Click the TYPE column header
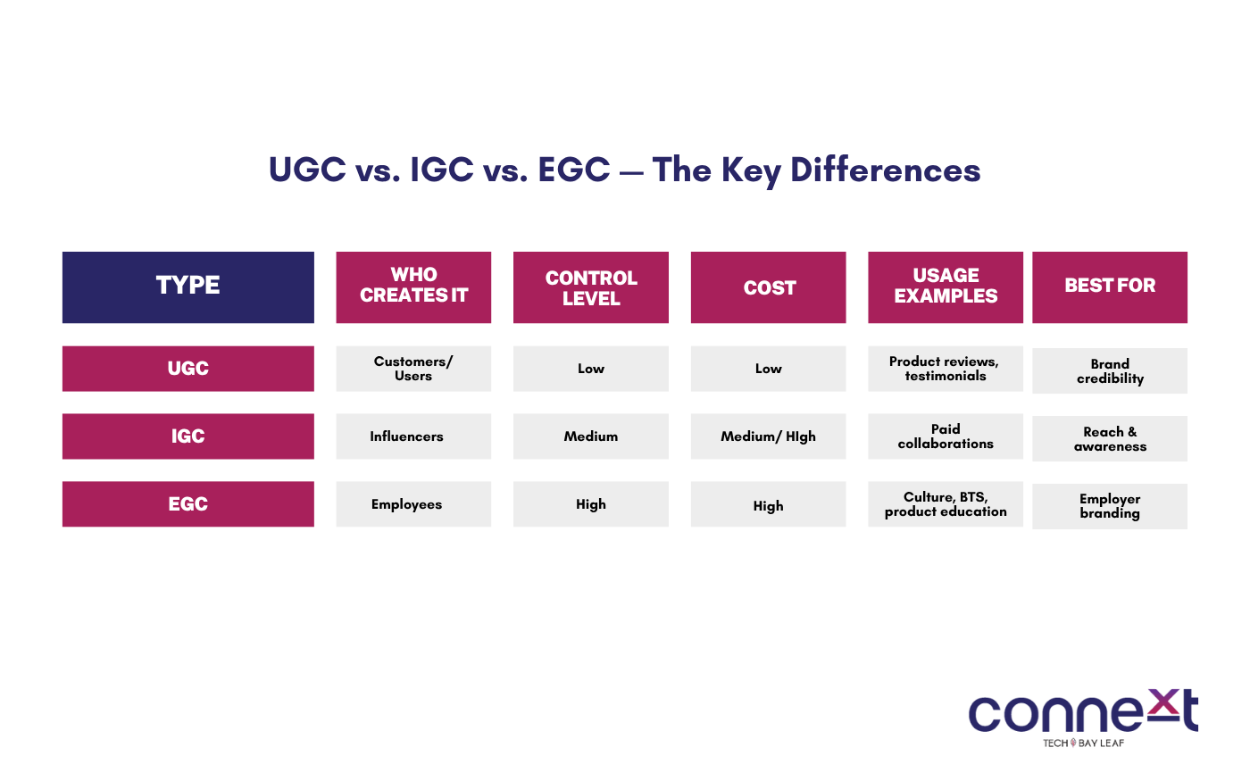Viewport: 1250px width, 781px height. point(188,287)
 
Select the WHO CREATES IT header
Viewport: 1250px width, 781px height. point(413,287)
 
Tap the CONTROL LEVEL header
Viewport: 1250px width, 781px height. point(591,287)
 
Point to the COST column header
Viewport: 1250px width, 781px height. point(769,287)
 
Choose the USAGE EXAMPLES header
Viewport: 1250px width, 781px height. point(946,287)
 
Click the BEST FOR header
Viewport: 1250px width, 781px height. point(1110,287)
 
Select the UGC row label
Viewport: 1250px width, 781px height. point(188,369)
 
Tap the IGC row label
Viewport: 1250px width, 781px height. point(188,436)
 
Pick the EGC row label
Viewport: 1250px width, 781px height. point(188,504)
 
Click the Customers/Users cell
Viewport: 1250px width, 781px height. point(413,369)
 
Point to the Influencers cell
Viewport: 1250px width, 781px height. point(413,436)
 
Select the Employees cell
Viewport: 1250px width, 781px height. point(413,504)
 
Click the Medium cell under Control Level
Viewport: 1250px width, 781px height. point(591,436)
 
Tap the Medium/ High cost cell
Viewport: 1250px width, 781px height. point(769,436)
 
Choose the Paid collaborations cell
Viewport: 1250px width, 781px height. point(946,436)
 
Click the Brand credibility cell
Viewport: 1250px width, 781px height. point(1110,371)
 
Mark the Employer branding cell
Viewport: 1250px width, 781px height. point(1110,507)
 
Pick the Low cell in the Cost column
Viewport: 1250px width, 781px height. point(769,369)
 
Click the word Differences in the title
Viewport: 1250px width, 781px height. point(886,170)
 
